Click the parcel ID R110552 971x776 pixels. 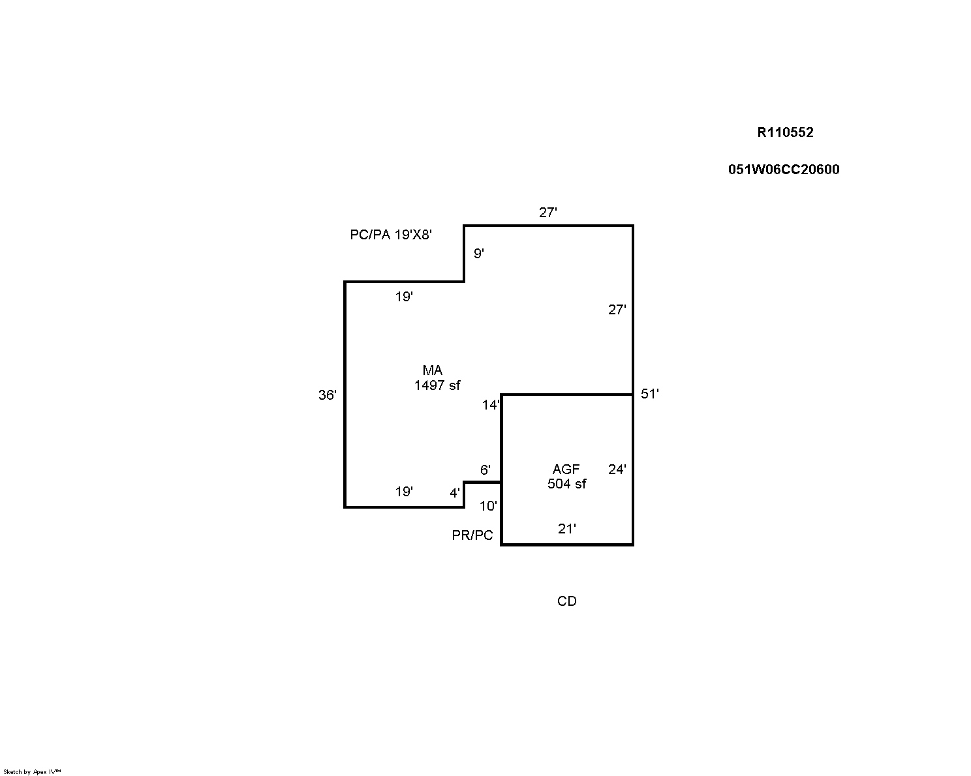(785, 132)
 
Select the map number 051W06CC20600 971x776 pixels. (784, 170)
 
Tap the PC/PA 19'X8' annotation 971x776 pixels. (391, 235)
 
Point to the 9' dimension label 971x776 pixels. (478, 254)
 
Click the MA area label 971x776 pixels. (433, 371)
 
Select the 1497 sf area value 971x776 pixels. (437, 385)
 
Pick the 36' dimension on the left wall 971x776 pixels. (328, 395)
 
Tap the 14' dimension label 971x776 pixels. (491, 405)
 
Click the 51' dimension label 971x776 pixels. (650, 394)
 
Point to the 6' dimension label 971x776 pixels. (485, 470)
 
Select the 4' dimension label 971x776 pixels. (455, 494)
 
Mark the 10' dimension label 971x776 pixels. (488, 506)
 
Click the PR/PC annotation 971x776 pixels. (472, 535)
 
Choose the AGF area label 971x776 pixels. (566, 470)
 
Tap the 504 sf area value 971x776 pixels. (566, 484)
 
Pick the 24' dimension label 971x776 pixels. (617, 470)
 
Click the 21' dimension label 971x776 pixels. (566, 529)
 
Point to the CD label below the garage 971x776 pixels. (566, 601)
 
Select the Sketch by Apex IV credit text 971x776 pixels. (32, 771)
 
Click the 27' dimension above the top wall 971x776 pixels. (547, 213)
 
